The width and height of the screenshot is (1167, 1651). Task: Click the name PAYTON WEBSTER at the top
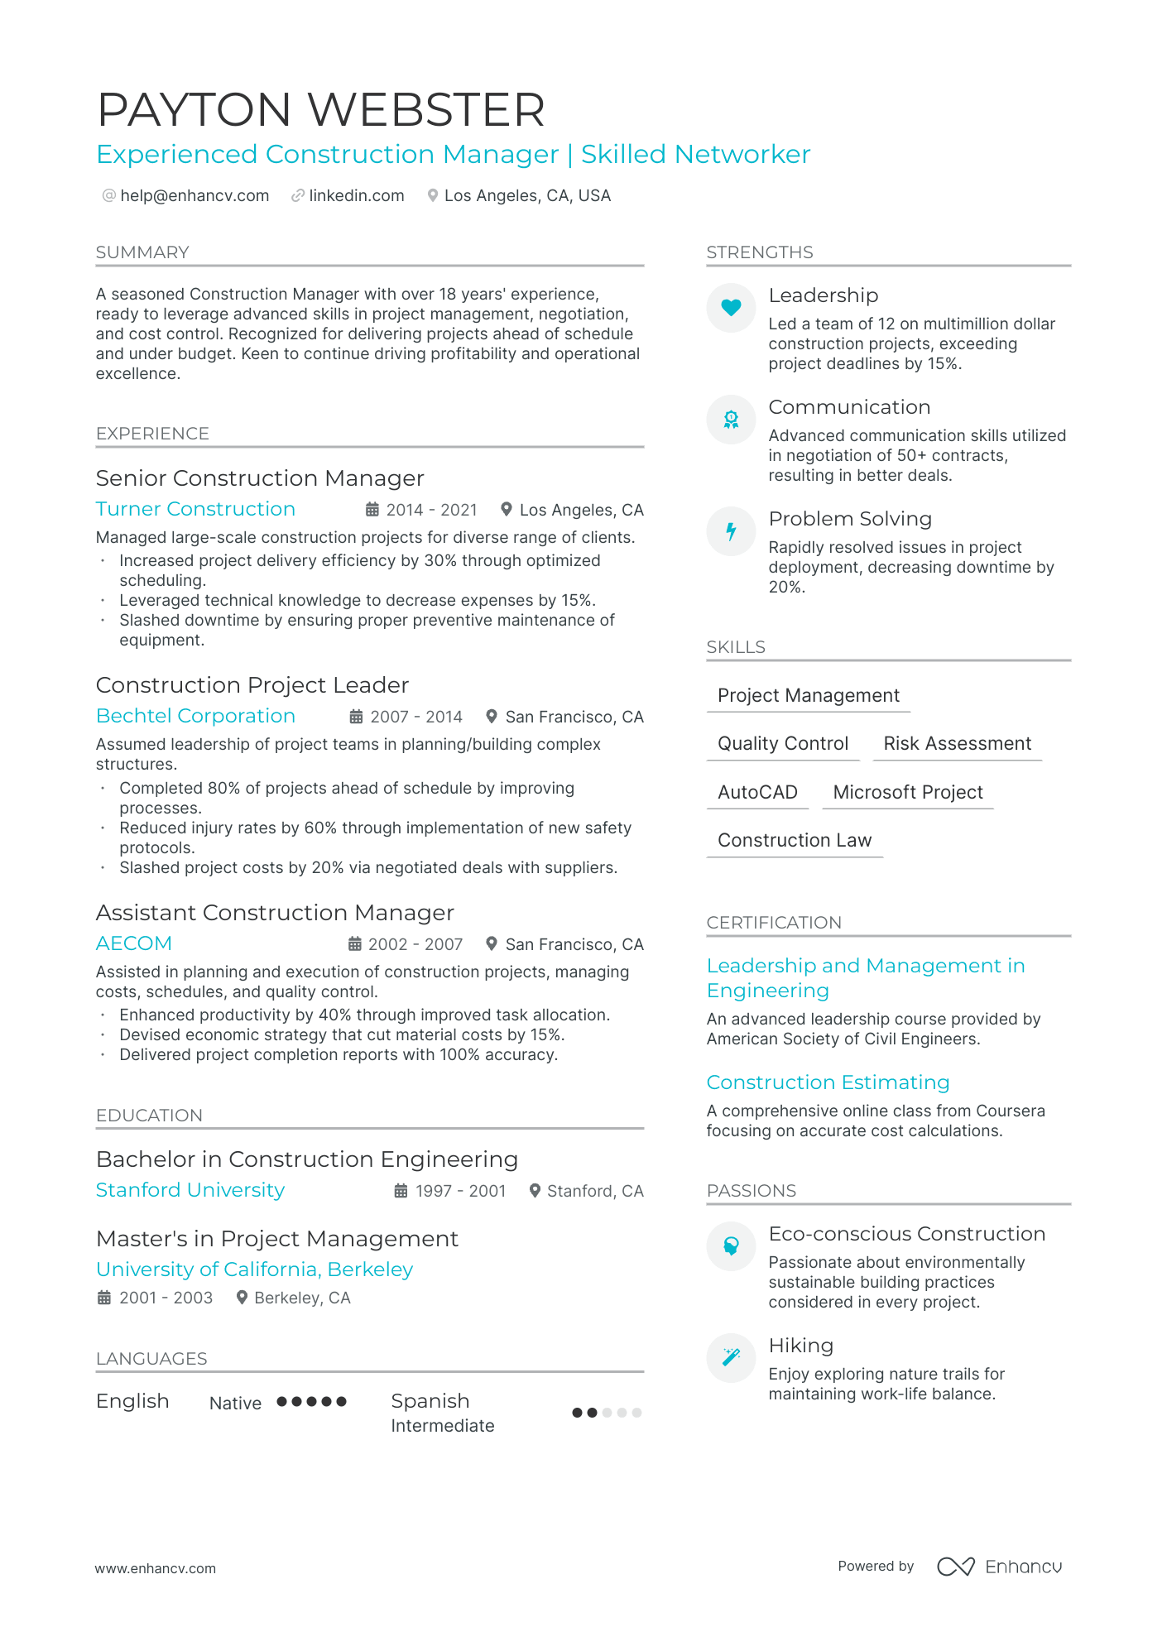pos(321,109)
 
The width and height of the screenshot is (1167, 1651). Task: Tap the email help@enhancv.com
pos(194,196)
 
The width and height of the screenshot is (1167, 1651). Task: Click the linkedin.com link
pos(356,196)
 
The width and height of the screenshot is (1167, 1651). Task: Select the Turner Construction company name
pos(195,509)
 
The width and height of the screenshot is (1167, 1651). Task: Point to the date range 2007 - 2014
pos(415,717)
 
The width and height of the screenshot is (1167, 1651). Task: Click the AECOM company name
pos(134,943)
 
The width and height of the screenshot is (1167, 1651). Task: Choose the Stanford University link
pos(190,1190)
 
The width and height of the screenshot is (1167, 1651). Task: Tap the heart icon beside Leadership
pos(731,308)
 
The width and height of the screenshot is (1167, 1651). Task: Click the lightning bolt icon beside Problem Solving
pos(731,531)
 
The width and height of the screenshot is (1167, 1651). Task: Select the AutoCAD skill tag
pos(757,792)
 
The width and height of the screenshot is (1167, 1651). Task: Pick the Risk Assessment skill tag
pos(957,743)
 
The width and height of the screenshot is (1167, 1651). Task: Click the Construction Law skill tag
pos(795,840)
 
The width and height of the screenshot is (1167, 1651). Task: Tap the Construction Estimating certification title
pos(828,1082)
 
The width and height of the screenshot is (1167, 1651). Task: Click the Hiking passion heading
pos(800,1346)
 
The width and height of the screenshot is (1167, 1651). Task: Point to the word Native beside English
pos(235,1404)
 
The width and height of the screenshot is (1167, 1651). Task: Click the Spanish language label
pos(430,1401)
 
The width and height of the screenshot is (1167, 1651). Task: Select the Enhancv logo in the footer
pos(1000,1567)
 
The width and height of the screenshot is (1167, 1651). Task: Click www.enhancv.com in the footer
pos(156,1568)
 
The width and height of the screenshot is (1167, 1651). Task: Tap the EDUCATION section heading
pos(149,1116)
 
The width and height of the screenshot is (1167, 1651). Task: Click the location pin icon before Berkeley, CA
pos(242,1298)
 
